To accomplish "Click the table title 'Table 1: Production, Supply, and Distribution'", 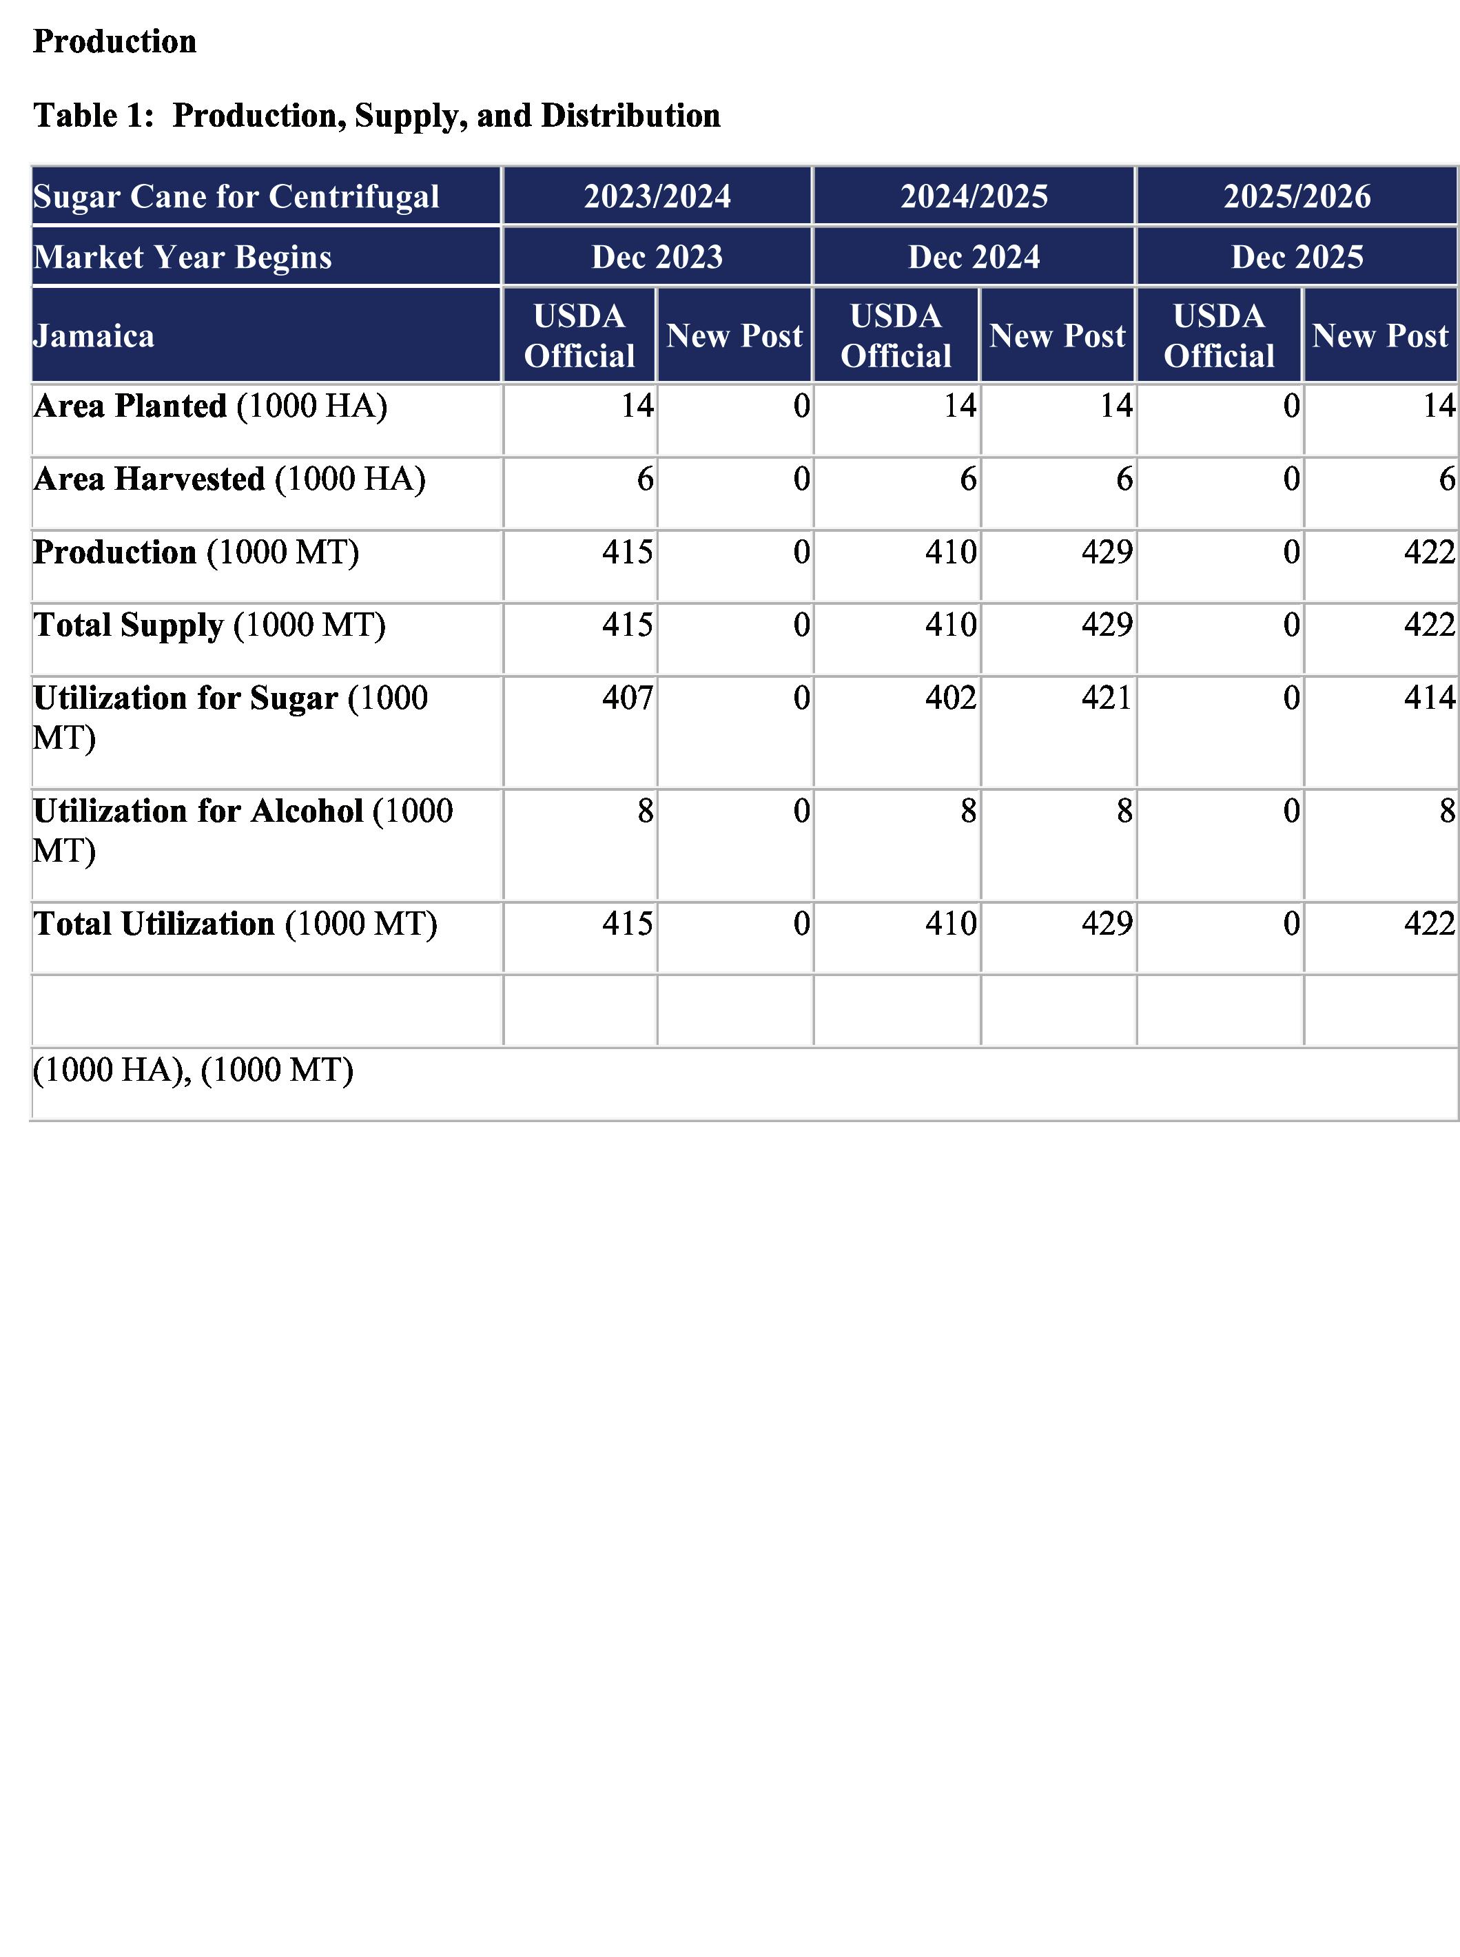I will click(376, 116).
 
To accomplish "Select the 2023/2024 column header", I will click(657, 196).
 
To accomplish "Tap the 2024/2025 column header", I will click(974, 196).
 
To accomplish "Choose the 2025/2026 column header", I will click(1297, 196).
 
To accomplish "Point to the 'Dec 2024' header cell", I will click(974, 257).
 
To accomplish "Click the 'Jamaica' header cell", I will click(94, 335).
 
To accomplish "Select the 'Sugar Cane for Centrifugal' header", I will click(236, 196).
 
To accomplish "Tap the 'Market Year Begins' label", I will click(182, 257).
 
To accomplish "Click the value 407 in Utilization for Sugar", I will click(628, 698).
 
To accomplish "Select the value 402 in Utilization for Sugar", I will click(951, 698).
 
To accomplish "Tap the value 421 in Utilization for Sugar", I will click(1107, 698).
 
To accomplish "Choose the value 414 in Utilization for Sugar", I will click(1429, 698).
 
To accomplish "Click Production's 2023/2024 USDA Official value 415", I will click(628, 552).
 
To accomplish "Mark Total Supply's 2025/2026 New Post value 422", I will click(1429, 625).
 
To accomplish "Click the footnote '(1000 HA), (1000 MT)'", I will click(193, 1070).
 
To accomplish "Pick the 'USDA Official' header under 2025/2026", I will click(1219, 335).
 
